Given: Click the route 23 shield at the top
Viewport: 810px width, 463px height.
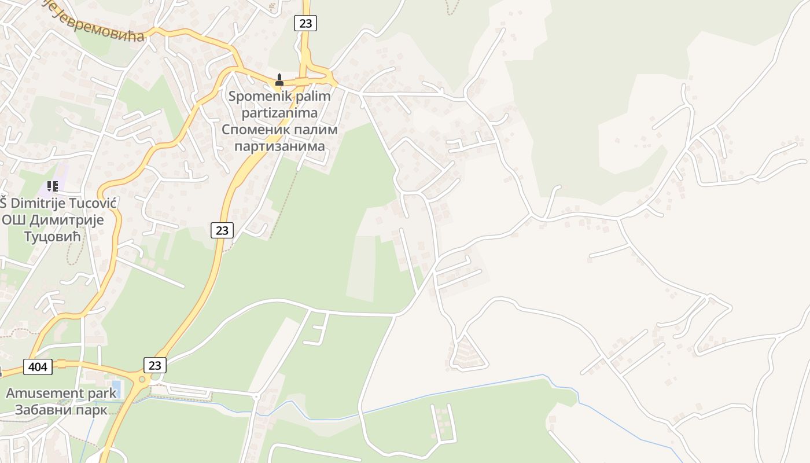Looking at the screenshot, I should point(305,23).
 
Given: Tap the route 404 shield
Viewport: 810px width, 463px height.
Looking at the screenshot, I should point(38,366).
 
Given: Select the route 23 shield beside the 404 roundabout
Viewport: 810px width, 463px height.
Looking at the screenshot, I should point(154,365).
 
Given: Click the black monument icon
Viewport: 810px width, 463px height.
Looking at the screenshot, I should point(279,80).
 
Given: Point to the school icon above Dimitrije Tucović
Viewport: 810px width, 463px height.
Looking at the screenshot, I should point(53,186).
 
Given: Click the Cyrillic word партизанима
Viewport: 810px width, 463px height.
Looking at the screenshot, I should point(279,146).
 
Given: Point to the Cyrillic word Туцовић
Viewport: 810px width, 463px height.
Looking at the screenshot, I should point(53,236).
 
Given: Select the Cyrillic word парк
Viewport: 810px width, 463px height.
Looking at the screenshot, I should point(91,410).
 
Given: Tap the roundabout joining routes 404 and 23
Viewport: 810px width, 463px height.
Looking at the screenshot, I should point(141,379).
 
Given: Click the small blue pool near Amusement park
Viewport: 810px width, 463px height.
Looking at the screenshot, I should point(116,386).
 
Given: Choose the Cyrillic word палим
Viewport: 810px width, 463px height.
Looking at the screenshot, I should point(313,129).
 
